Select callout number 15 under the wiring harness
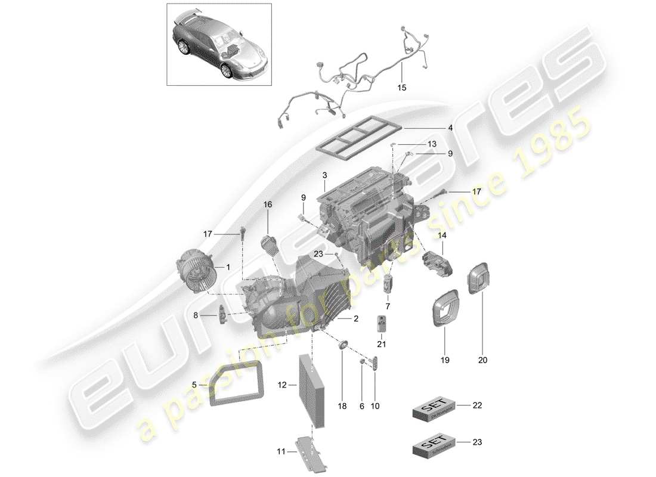click(x=401, y=88)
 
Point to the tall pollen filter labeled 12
click(x=313, y=391)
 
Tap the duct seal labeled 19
click(x=444, y=309)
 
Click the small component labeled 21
click(x=382, y=323)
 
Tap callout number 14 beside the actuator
click(x=442, y=236)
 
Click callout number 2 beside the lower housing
click(x=355, y=320)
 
